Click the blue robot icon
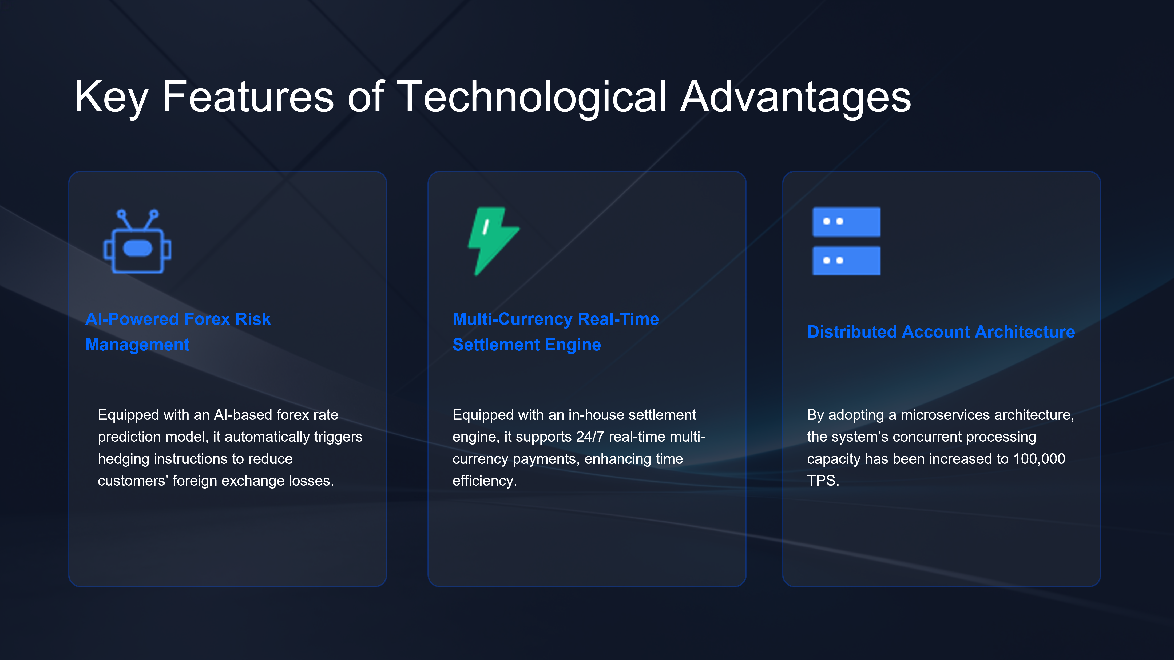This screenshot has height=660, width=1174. pos(137,241)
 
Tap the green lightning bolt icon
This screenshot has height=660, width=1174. pos(493,241)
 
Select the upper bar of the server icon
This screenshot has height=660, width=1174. pos(846,222)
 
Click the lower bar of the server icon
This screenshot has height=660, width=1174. pos(846,261)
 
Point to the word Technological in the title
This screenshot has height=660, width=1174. pos(532,97)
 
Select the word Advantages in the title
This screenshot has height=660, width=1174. pos(795,97)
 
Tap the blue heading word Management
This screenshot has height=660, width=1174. pos(137,345)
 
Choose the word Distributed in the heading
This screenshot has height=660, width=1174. pos(852,331)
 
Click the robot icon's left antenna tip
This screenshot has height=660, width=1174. pos(121,213)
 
